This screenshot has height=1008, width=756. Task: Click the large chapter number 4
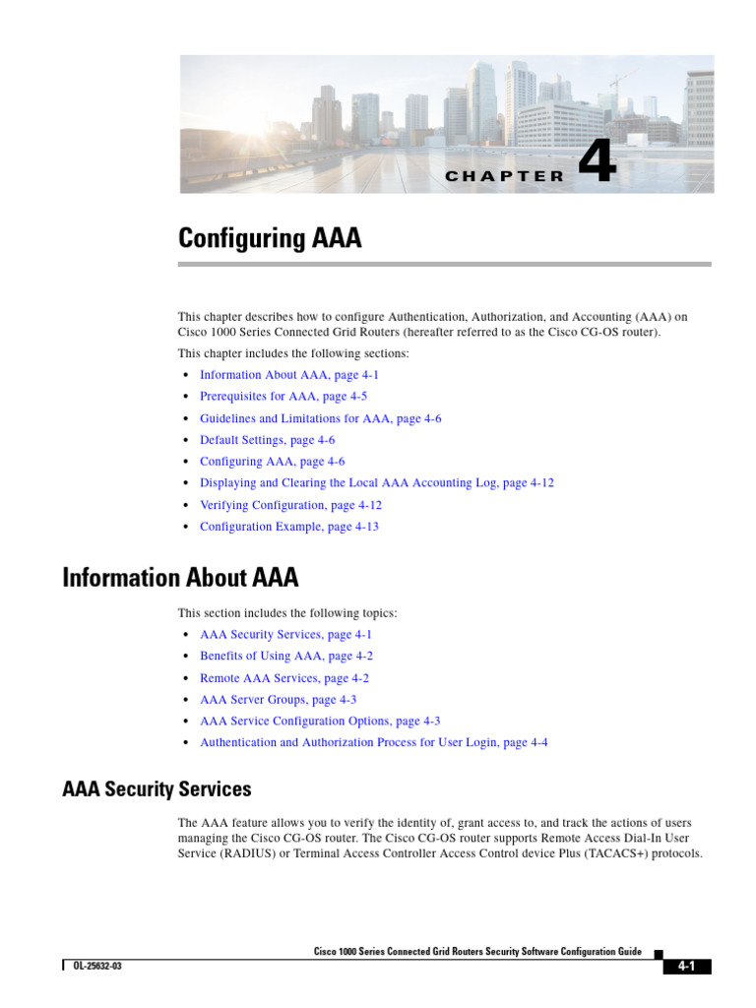click(597, 164)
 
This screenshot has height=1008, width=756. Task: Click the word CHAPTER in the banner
click(505, 176)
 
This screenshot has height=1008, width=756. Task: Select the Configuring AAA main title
click(270, 238)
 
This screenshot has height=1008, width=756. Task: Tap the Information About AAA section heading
click(180, 577)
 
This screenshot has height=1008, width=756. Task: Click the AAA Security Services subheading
click(157, 788)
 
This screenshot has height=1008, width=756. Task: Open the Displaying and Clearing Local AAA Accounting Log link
click(377, 483)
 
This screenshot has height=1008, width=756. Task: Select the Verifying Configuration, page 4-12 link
click(290, 505)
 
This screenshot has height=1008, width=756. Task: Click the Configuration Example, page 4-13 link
click(288, 527)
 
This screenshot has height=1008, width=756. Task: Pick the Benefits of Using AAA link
click(286, 656)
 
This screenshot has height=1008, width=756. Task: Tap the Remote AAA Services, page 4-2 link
click(284, 678)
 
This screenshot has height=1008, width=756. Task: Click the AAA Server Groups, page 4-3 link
click(278, 700)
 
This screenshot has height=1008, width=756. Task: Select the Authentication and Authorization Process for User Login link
click(373, 743)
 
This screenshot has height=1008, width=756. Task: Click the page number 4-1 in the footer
click(686, 967)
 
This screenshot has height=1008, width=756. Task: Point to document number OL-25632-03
click(97, 967)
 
